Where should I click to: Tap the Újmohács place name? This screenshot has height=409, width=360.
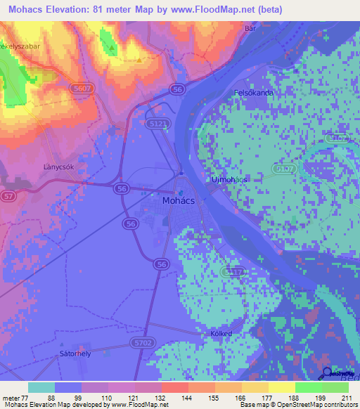pos(228,180)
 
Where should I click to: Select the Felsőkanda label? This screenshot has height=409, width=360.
pos(253,92)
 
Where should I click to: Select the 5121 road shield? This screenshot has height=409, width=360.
pos(160,123)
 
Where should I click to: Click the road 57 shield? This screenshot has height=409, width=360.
pos(7,195)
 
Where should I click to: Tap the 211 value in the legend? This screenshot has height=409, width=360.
pos(348,398)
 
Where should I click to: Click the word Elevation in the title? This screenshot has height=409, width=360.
pos(77,11)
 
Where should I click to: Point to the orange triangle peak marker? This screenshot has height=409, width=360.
pos(140,60)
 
